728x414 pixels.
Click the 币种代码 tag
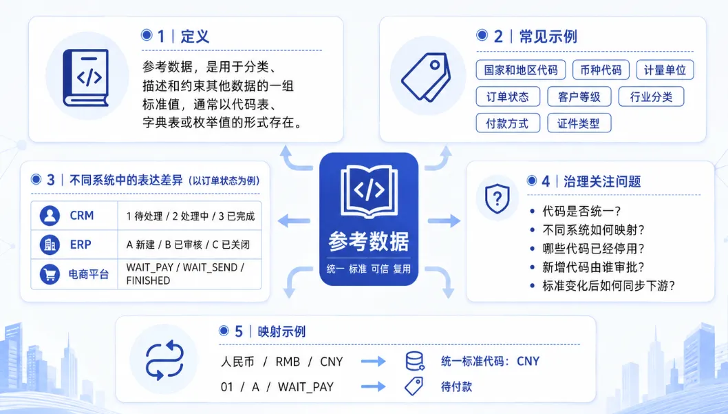pos(601,70)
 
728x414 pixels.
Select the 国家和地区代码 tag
pos(520,70)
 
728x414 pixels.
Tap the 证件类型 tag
pos(579,123)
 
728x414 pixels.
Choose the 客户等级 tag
pos(579,96)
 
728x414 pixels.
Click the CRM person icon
pos(50,216)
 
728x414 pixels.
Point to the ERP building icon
pos(50,245)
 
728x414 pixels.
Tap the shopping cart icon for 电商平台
pos(50,274)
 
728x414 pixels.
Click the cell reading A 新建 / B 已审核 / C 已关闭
pos(188,245)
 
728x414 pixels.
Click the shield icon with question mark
pos(497,199)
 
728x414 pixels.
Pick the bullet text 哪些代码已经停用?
pos(593,249)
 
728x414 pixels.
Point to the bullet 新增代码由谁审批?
pos(593,267)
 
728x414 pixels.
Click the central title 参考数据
pos(369,241)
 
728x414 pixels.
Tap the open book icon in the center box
pos(369,191)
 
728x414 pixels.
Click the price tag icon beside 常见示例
pos(426,76)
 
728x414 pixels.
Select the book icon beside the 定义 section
pos(86,77)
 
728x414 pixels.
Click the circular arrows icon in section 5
pos(164,360)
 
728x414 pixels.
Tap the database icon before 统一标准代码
pos(414,361)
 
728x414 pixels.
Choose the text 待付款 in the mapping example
pos(456,386)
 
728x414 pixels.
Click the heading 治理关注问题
pos(602,181)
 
